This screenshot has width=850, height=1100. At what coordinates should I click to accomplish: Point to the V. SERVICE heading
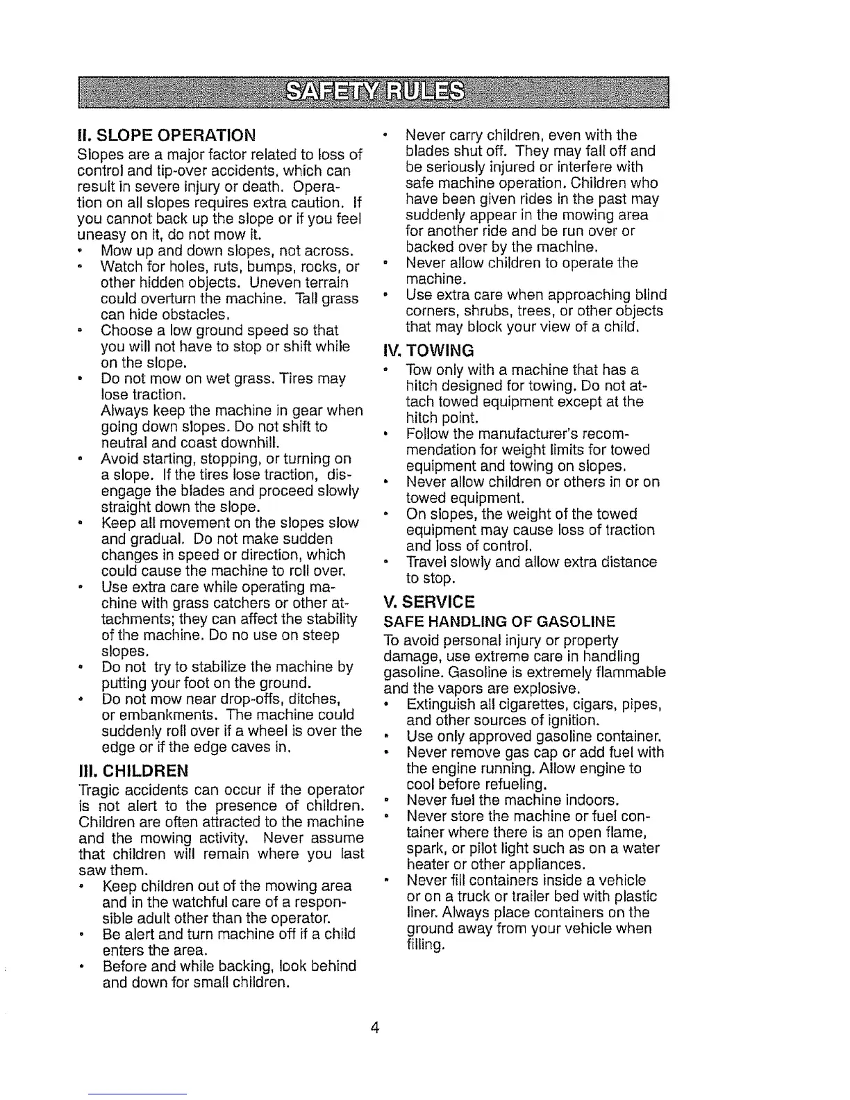click(429, 601)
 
